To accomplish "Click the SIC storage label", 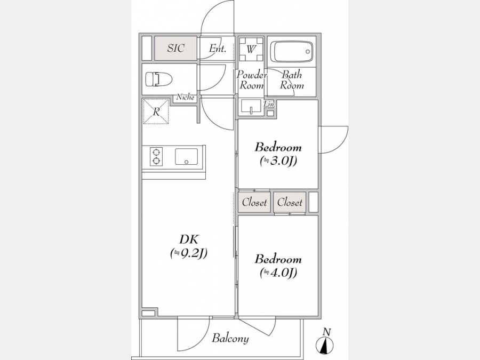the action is tap(175, 48).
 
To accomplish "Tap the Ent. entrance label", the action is tap(218, 49).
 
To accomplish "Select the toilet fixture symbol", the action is tap(158, 79).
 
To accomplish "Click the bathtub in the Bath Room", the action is tap(293, 51).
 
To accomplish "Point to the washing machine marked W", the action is tap(251, 49).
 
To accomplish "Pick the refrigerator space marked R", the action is tap(156, 111).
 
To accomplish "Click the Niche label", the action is tap(185, 98).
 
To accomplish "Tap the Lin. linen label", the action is tap(270, 104).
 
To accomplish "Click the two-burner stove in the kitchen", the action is tap(156, 156).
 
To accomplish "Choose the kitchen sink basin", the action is tap(187, 156).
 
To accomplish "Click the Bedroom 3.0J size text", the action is tap(278, 161).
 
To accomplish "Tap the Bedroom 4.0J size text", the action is tap(278, 273).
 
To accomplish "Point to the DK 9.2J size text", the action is tap(189, 253).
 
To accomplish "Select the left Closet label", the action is tap(254, 202).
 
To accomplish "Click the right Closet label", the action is tap(290, 202).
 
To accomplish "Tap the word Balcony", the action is tap(230, 339).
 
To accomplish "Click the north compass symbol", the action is tap(324, 345).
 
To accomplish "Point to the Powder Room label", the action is tap(252, 80).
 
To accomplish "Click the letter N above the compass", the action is tap(327, 332).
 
